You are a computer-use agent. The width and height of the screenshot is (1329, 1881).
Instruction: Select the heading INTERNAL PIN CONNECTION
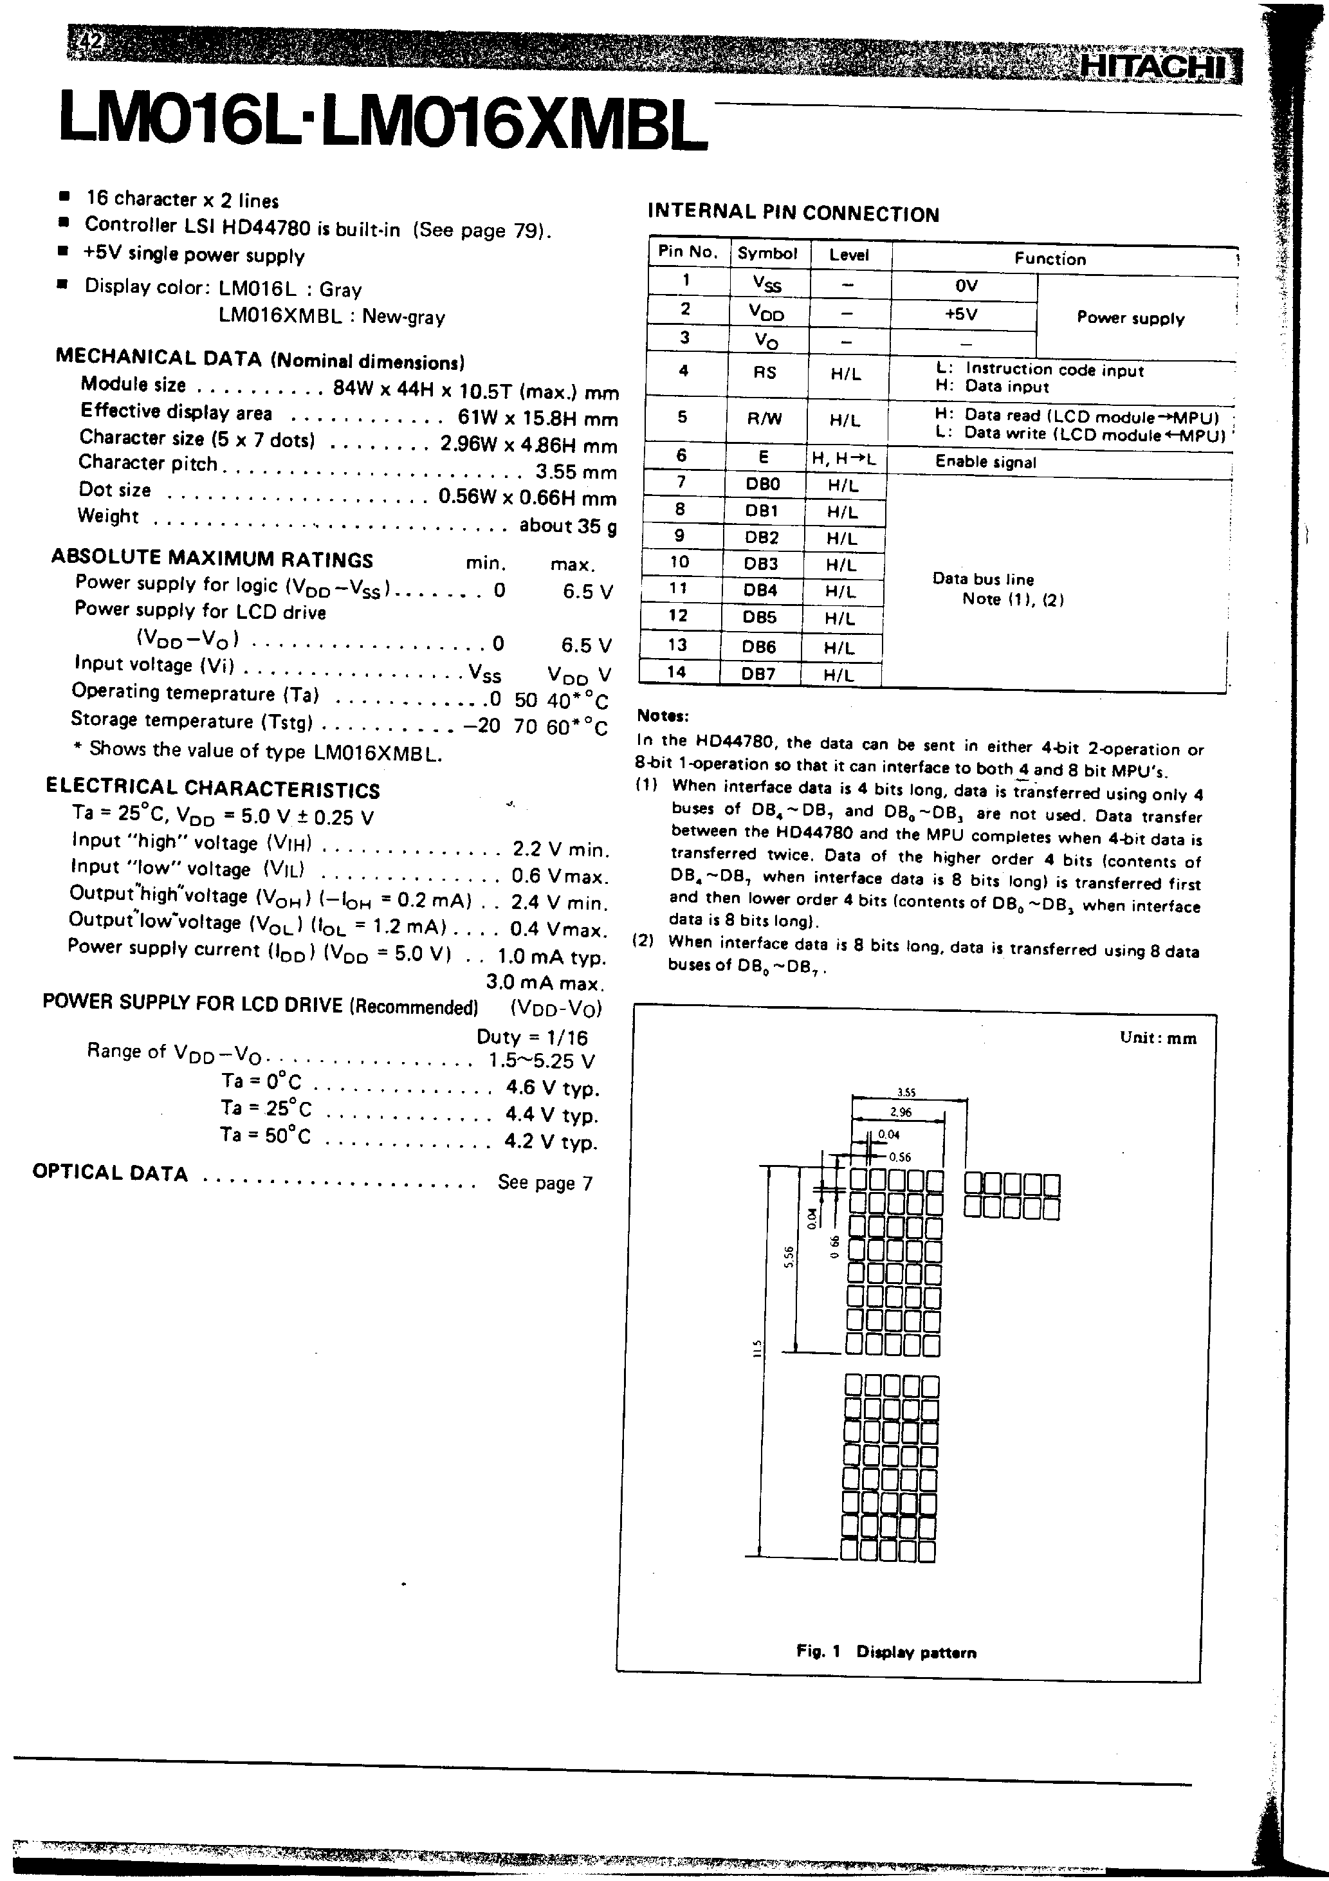point(793,213)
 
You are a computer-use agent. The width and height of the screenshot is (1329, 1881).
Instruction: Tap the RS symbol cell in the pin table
point(764,372)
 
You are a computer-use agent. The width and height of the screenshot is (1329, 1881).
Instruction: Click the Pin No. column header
point(688,252)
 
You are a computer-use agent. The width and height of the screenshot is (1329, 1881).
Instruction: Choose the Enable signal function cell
point(985,462)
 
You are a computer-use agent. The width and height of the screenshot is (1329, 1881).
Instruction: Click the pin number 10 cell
point(680,563)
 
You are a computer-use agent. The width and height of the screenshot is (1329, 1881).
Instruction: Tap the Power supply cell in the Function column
point(1131,318)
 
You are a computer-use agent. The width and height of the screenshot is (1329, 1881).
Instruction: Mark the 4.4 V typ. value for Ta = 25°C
point(552,1114)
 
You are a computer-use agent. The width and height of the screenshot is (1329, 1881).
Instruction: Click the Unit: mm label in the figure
point(1158,1038)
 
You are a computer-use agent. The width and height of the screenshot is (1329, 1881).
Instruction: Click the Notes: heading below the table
point(663,715)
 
